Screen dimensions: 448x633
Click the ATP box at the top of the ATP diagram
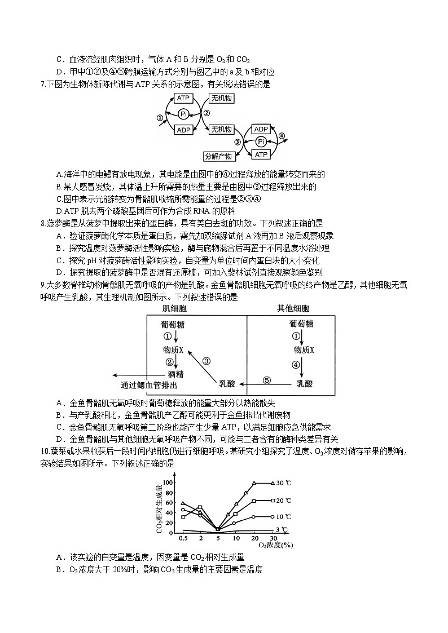(184, 98)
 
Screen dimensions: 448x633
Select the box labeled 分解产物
(219, 156)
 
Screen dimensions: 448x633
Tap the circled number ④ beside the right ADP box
(282, 136)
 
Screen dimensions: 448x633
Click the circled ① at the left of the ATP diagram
(160, 118)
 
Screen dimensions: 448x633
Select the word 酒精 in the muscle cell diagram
(175, 374)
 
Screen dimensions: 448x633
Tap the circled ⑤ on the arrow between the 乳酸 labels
(266, 380)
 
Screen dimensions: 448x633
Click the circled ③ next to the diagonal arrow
(207, 361)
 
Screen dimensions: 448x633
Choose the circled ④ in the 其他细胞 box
(295, 364)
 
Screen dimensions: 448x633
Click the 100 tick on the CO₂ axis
(167, 483)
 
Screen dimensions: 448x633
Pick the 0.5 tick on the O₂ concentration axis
(183, 539)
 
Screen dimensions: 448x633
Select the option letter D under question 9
(59, 439)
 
